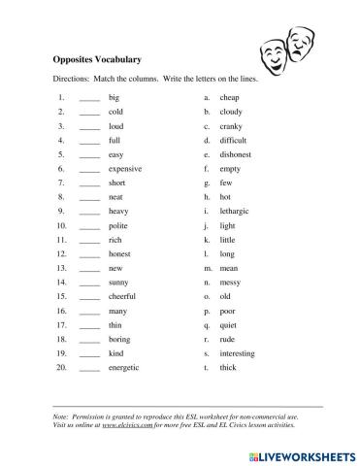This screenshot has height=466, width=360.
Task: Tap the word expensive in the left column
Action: tap(125, 168)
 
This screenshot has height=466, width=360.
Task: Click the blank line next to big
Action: tap(89, 99)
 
